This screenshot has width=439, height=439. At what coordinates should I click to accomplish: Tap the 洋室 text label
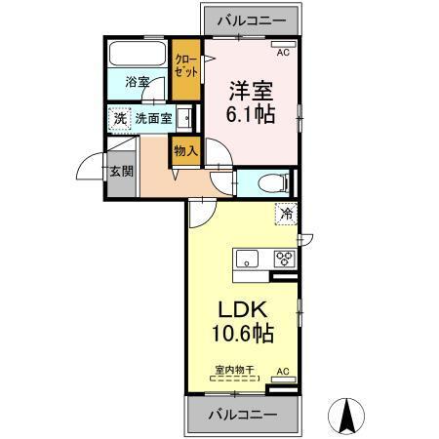(249, 90)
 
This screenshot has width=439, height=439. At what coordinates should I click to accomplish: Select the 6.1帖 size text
(249, 113)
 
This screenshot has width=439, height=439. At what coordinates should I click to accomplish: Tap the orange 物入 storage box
(184, 150)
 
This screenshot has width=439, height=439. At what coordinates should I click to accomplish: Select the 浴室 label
(138, 82)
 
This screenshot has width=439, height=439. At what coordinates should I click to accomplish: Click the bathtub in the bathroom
(138, 53)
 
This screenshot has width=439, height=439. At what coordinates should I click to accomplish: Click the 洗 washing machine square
(120, 118)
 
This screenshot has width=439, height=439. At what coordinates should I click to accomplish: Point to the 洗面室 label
(154, 118)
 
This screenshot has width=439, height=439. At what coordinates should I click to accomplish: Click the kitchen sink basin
(247, 259)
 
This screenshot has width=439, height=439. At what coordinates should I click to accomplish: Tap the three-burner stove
(284, 259)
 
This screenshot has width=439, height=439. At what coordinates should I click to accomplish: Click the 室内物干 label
(234, 370)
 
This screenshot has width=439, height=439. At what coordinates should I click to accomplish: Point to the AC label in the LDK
(283, 371)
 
